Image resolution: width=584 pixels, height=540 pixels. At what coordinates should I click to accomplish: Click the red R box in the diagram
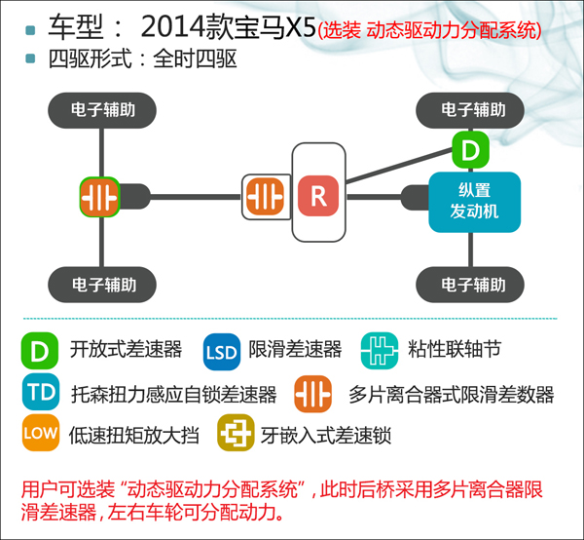click(318, 196)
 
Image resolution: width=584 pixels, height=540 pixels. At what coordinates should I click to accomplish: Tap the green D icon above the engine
click(470, 149)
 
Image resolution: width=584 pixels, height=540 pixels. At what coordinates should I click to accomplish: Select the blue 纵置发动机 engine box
click(475, 202)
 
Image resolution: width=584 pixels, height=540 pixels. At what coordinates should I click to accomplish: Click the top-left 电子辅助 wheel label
click(102, 110)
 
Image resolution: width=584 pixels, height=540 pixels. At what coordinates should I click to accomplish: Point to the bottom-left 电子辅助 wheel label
click(102, 285)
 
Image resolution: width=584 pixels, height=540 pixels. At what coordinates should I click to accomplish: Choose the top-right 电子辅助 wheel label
click(470, 110)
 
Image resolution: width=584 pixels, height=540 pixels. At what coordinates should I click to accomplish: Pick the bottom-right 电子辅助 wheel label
click(470, 285)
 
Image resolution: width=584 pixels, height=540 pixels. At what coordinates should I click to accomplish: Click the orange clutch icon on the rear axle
click(99, 197)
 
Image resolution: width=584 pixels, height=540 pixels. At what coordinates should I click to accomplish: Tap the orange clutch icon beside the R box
click(265, 197)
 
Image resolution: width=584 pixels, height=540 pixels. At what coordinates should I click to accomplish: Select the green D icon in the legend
click(40, 351)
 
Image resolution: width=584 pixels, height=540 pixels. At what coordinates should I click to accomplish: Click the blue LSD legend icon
click(222, 352)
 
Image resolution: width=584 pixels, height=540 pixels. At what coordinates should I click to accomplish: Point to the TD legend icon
click(41, 392)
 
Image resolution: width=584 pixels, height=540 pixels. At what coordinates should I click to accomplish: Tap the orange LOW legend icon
click(41, 433)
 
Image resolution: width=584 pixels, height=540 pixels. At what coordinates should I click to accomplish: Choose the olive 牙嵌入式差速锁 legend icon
click(236, 433)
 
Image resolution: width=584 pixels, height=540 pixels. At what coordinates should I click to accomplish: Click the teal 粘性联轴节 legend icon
click(380, 351)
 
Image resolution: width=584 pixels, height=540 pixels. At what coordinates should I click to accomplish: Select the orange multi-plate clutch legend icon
click(312, 394)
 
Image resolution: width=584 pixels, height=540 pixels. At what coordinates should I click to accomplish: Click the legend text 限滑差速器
click(295, 349)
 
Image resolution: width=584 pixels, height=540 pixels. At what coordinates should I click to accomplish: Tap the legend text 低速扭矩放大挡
click(133, 435)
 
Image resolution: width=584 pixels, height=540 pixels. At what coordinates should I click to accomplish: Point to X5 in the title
click(301, 27)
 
